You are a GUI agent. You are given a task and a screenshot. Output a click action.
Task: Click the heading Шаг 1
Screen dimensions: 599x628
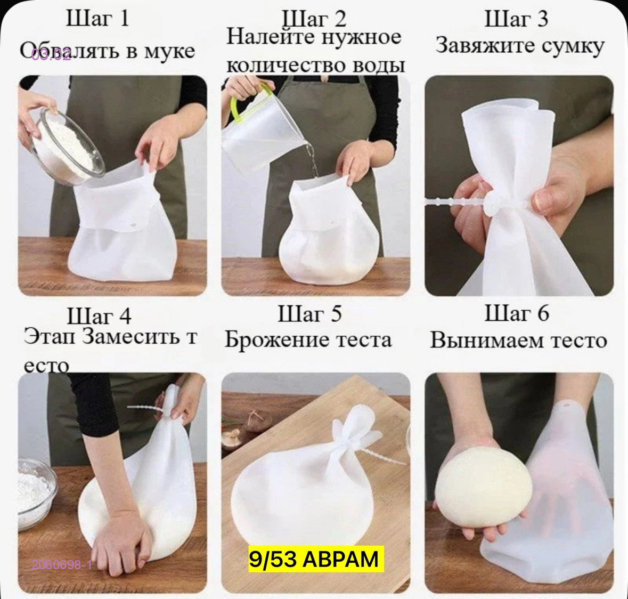click(97, 19)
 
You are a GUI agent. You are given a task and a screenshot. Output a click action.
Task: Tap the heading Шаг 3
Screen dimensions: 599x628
click(516, 19)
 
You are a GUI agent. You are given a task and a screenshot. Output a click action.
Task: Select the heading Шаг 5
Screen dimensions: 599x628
click(309, 314)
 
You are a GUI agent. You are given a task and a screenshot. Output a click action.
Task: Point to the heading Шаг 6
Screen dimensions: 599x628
click(516, 313)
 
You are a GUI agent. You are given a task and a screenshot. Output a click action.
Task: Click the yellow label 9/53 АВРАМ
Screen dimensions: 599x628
click(314, 560)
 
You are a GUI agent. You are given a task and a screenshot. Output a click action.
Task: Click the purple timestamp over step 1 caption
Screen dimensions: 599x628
click(51, 55)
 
